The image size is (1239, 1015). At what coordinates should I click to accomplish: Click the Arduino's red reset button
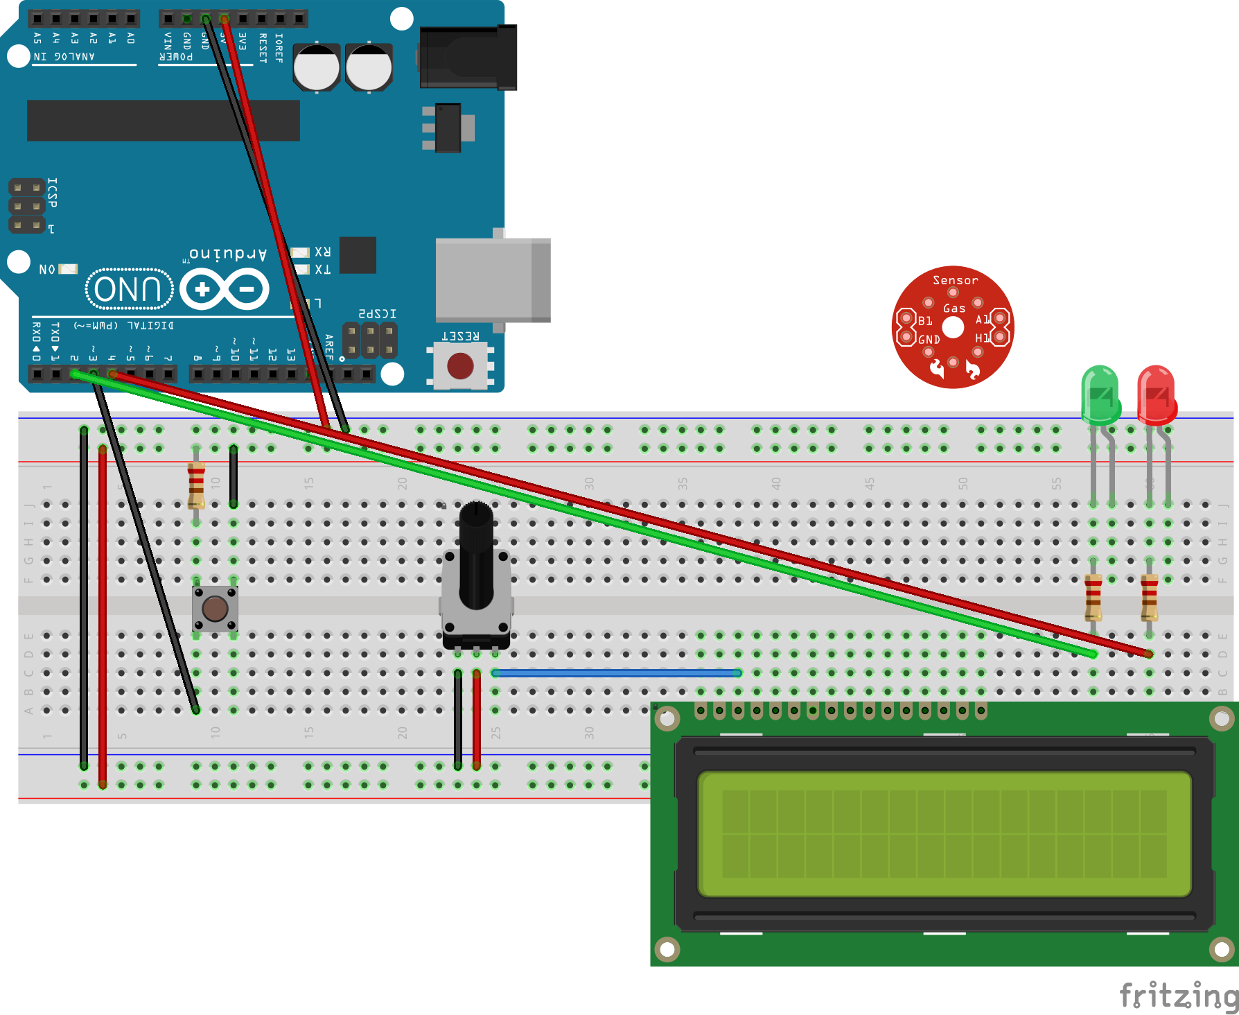[460, 366]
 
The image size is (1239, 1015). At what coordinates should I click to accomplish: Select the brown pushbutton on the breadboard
[215, 609]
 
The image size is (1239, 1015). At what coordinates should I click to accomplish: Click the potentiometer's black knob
[476, 555]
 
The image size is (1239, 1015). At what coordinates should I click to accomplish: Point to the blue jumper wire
[617, 673]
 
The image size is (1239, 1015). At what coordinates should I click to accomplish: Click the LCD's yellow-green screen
[944, 834]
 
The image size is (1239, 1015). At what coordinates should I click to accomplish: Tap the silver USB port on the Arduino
[493, 280]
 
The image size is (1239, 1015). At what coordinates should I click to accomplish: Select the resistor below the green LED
[1093, 598]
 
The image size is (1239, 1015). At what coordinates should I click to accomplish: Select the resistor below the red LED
[1149, 598]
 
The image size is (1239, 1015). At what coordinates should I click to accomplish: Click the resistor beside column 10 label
[196, 485]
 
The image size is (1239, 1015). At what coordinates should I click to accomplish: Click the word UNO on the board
[128, 289]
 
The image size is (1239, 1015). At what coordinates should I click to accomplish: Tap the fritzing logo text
[1178, 996]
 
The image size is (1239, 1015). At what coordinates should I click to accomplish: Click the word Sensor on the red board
[955, 280]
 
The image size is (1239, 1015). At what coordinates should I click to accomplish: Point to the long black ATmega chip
[164, 120]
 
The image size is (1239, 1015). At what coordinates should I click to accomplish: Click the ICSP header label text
[52, 193]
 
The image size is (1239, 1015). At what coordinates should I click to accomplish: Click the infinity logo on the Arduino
[225, 289]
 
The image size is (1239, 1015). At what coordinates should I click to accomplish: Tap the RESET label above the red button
[460, 336]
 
